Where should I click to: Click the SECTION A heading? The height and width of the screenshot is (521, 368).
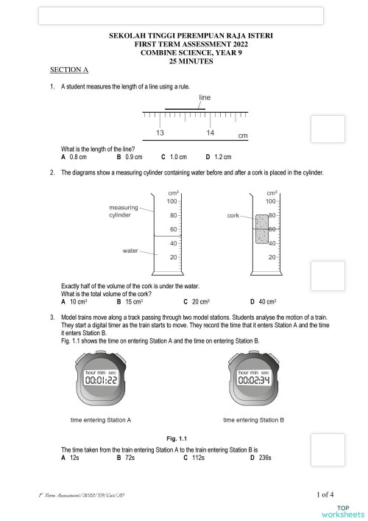pos(68,70)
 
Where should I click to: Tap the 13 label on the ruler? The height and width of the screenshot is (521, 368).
pos(160,133)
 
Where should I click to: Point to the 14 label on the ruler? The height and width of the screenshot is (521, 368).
pos(210,133)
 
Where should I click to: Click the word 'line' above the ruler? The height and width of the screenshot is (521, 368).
pos(205,97)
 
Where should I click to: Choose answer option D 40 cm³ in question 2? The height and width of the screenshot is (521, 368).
pos(263,301)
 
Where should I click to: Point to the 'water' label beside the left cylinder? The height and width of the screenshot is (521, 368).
pos(131,251)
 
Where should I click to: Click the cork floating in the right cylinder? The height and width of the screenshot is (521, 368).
pos(262,229)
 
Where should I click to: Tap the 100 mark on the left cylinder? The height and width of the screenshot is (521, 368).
pos(172,201)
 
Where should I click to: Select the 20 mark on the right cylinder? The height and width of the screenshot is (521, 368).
pos(272,257)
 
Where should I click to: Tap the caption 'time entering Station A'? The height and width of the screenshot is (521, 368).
pos(101,420)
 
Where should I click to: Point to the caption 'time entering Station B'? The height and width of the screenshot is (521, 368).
pos(253,420)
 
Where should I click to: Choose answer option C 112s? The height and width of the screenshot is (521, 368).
pos(197,458)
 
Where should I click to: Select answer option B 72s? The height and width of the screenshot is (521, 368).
pos(127,458)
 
